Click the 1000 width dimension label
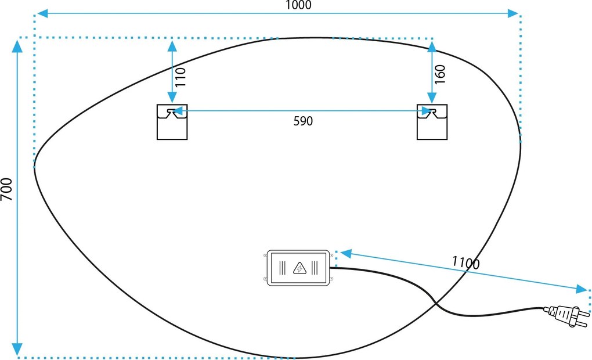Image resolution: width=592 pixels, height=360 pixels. click(x=298, y=5)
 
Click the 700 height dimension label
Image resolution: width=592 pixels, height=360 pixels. click(x=6, y=189)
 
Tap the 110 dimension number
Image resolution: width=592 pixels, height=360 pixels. click(x=181, y=77)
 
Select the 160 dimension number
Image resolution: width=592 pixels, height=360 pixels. click(x=440, y=74)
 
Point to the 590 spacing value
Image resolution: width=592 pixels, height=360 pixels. click(x=303, y=121)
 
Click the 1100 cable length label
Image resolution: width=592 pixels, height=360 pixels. click(x=466, y=262)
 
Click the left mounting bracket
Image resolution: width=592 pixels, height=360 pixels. click(x=172, y=122)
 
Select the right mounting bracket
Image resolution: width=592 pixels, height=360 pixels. click(x=432, y=122)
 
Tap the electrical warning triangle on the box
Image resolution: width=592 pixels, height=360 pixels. click(x=299, y=268)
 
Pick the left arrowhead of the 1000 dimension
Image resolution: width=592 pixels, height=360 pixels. click(x=43, y=13)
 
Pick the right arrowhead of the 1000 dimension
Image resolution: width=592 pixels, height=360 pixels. click(x=512, y=13)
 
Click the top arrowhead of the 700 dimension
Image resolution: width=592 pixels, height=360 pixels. click(x=17, y=46)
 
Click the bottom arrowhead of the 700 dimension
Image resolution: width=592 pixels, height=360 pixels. click(x=17, y=350)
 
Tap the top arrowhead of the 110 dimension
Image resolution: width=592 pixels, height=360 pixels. click(x=172, y=46)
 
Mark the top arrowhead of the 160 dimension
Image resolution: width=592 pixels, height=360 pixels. click(x=432, y=46)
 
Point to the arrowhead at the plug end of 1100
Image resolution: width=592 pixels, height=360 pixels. click(x=582, y=289)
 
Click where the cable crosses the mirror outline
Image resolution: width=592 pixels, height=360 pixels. click(x=435, y=303)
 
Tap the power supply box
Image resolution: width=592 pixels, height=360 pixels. click(x=298, y=268)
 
